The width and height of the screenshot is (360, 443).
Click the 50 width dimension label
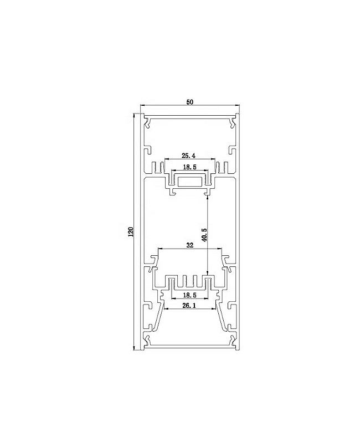[189, 102]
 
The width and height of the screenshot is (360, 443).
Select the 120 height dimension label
[131, 232]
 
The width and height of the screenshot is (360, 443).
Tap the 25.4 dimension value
[189, 157]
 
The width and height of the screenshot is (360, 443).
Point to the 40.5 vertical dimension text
[204, 234]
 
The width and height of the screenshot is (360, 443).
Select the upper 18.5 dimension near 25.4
[190, 167]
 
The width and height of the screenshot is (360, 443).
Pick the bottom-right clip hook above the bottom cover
[230, 339]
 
